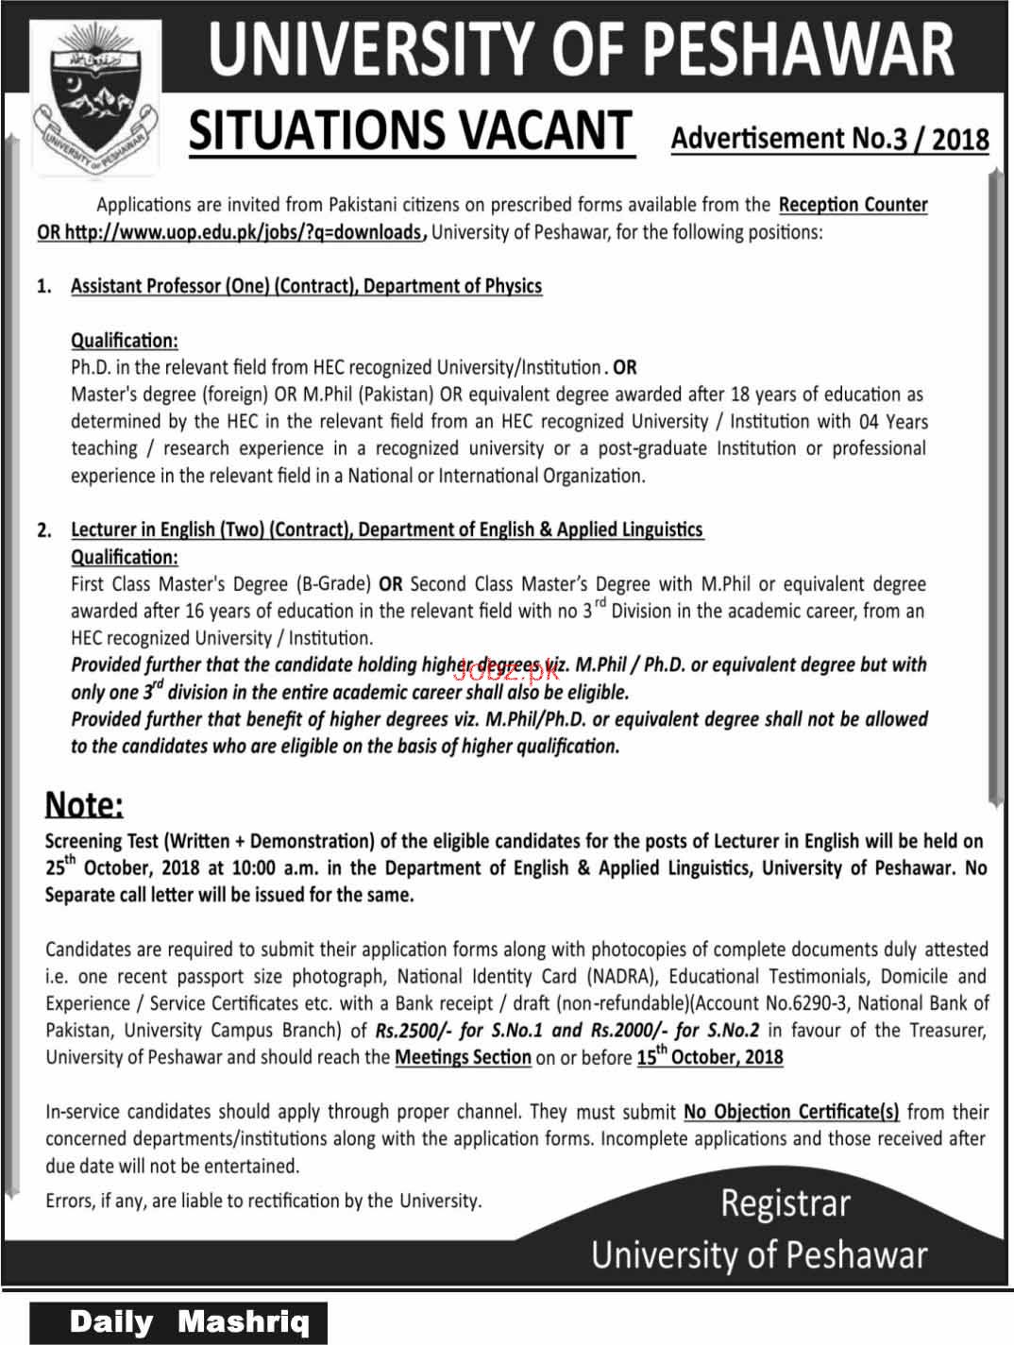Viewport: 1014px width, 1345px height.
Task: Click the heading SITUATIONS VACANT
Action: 410,131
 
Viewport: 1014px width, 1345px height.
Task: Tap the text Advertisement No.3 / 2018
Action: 830,139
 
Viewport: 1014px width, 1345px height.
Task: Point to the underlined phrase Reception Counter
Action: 853,205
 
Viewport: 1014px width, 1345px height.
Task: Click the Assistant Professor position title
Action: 306,286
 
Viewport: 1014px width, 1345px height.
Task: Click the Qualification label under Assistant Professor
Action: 125,341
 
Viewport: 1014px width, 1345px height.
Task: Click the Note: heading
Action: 85,805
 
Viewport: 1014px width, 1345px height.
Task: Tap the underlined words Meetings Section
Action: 463,1058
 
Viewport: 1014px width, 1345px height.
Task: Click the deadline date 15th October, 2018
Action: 710,1058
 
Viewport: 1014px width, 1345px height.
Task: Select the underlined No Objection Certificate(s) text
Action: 791,1112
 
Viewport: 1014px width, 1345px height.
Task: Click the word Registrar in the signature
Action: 786,1204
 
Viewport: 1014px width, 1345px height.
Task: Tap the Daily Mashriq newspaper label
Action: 189,1322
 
